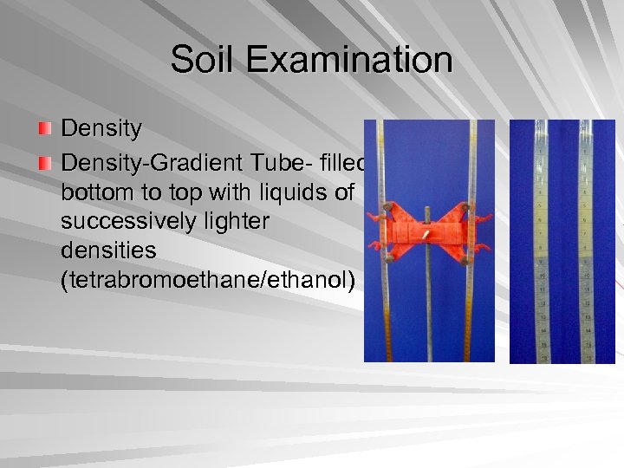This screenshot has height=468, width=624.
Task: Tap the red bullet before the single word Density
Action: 45,129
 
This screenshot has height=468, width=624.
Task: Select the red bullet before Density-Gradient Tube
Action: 45,163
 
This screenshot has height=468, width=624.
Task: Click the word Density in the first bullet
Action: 101,129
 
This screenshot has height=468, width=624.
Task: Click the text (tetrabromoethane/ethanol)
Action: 208,283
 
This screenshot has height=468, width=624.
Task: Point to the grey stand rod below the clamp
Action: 428,312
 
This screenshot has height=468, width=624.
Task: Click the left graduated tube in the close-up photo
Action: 541,243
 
